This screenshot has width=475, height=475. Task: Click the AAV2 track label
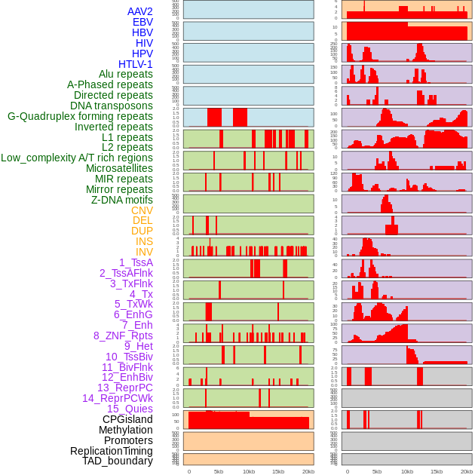[140, 11]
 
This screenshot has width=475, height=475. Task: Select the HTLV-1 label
[136, 64]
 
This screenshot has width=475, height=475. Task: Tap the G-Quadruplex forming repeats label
[80, 116]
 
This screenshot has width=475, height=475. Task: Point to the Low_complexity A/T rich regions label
[77, 158]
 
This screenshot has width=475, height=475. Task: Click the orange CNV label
[142, 210]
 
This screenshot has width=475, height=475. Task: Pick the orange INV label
[144, 252]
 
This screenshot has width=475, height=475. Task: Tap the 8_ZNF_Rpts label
[123, 336]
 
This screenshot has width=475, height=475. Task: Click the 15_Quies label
[130, 409]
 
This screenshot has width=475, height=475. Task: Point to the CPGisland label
[127, 419]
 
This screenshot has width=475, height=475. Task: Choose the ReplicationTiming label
[112, 451]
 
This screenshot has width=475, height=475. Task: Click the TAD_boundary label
[118, 461]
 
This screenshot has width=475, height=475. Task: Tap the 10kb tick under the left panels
[248, 471]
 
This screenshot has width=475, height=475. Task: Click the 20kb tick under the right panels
[467, 471]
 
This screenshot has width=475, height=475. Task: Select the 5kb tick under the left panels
[219, 471]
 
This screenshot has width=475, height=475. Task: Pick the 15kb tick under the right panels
[437, 471]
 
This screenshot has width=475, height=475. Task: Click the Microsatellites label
[119, 168]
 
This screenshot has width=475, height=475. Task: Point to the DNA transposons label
[112, 106]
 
